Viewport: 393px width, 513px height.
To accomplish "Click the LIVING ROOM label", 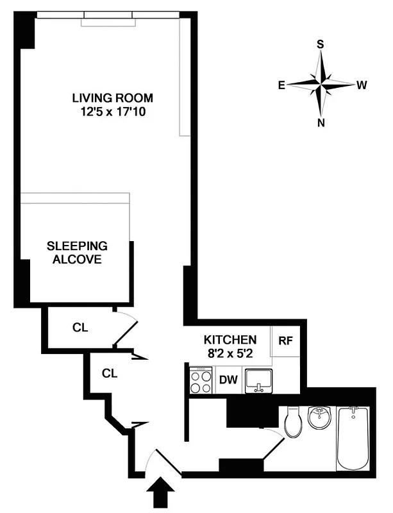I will (x=112, y=98).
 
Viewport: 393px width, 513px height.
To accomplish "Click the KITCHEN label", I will (x=230, y=339).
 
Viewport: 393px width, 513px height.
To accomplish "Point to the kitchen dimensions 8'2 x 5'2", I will (x=230, y=352).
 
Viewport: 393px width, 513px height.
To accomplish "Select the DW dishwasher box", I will (x=228, y=380).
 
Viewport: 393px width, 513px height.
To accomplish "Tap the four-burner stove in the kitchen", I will (x=201, y=380).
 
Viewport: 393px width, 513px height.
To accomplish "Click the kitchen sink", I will (x=259, y=380).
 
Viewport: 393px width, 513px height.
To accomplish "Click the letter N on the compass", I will (x=321, y=123).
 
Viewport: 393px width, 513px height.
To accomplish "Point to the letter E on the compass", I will (x=281, y=84).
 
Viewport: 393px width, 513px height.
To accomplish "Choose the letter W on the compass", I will (x=362, y=84).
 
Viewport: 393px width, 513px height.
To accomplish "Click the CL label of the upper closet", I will (x=79, y=328).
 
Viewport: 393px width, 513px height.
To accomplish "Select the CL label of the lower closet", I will (x=108, y=371).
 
